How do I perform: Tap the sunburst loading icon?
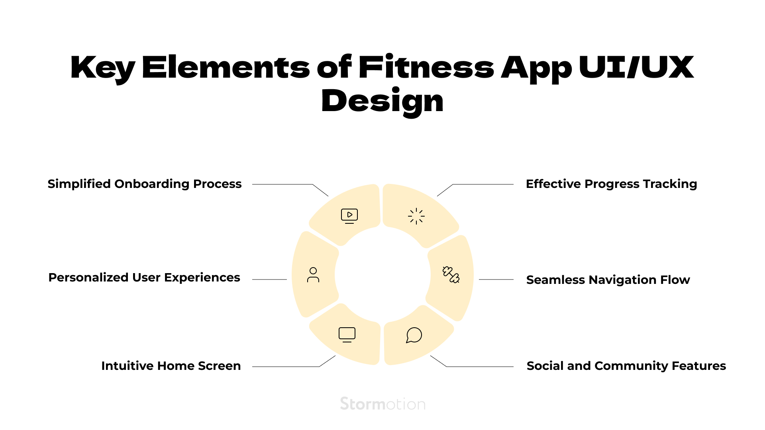(x=416, y=216)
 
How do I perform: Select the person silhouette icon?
(x=313, y=275)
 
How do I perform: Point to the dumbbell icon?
(x=451, y=275)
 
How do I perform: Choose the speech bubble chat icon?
(x=414, y=335)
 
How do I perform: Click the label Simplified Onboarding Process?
(x=145, y=184)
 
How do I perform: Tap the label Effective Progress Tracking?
(x=612, y=184)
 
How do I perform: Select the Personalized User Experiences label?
(x=144, y=278)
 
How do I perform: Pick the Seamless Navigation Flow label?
(x=608, y=280)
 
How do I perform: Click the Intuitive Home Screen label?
(x=171, y=366)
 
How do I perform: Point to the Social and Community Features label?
(x=626, y=366)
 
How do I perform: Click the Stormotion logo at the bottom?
(x=383, y=404)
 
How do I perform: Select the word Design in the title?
(x=382, y=102)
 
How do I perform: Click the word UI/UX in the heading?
(x=636, y=67)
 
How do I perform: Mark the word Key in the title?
(x=103, y=68)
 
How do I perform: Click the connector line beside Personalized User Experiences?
(x=269, y=279)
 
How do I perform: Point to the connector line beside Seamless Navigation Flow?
(x=496, y=279)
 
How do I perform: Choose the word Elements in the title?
(x=226, y=67)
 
